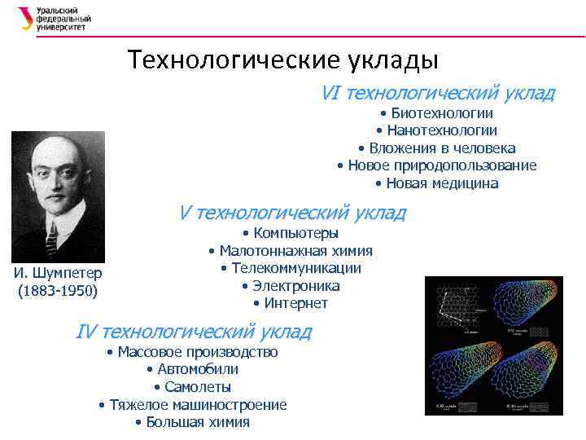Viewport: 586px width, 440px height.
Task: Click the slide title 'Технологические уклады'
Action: pyautogui.click(x=282, y=60)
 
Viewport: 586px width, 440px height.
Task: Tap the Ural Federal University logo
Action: pyautogui.click(x=54, y=19)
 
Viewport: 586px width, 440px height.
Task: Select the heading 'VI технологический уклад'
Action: pyautogui.click(x=438, y=93)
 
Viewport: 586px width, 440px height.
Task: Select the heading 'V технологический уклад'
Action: pyautogui.click(x=292, y=213)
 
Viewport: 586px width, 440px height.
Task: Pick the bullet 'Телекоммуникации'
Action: pyautogui.click(x=291, y=268)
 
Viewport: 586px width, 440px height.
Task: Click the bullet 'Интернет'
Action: pyautogui.click(x=291, y=303)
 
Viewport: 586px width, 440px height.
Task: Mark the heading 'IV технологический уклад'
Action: pyautogui.click(x=193, y=332)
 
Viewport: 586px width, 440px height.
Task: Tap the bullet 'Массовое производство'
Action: pyautogui.click(x=192, y=352)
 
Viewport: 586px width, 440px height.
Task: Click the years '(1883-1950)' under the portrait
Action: pyautogui.click(x=58, y=291)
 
